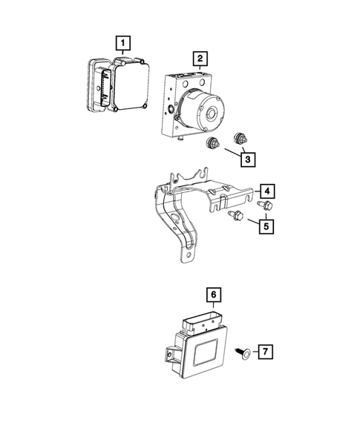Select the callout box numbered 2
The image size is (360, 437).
pyautogui.click(x=199, y=57)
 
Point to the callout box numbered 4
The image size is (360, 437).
pyautogui.click(x=266, y=190)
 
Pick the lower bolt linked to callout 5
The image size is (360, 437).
pyautogui.click(x=237, y=215)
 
